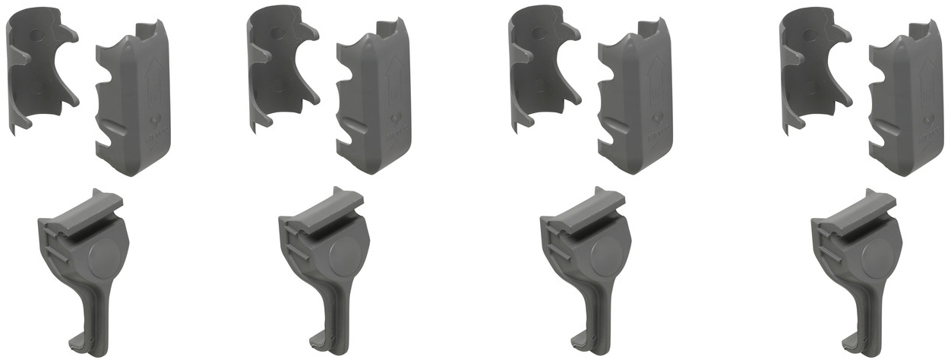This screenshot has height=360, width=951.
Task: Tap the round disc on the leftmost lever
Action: pyautogui.click(x=105, y=257)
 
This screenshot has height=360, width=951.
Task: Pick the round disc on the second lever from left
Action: pyautogui.click(x=346, y=257)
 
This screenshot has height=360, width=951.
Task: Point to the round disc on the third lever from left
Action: pyautogui.click(x=607, y=257)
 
